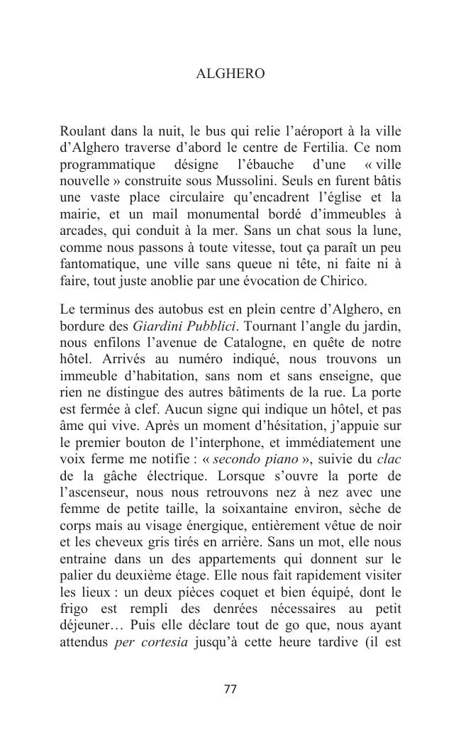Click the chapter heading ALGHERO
point(230,74)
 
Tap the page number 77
point(230,689)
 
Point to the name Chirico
point(342,280)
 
